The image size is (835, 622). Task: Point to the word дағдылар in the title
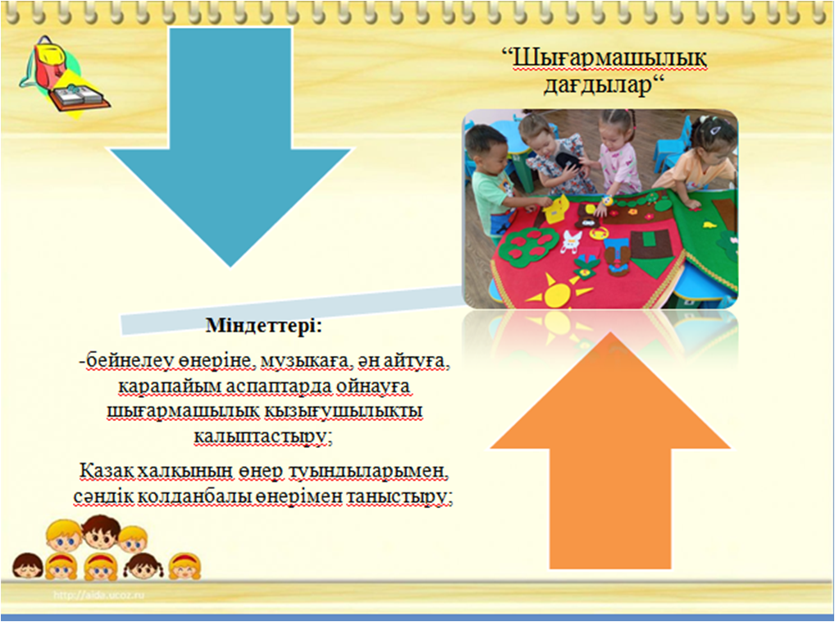597,85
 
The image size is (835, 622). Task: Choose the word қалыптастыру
259,437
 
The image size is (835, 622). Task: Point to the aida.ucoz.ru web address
98,595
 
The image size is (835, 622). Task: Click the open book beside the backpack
80,98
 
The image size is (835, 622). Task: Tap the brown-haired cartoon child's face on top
101,532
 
